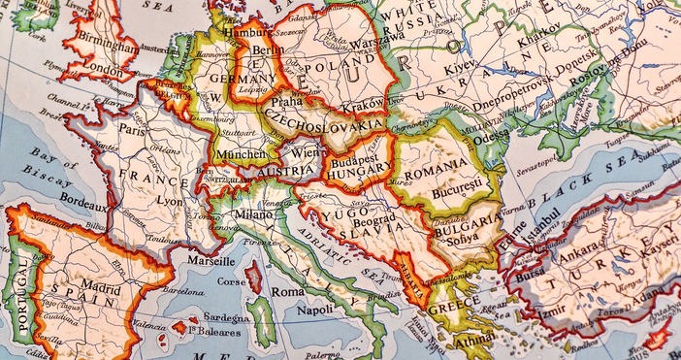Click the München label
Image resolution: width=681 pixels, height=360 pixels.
tap(241, 154)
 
